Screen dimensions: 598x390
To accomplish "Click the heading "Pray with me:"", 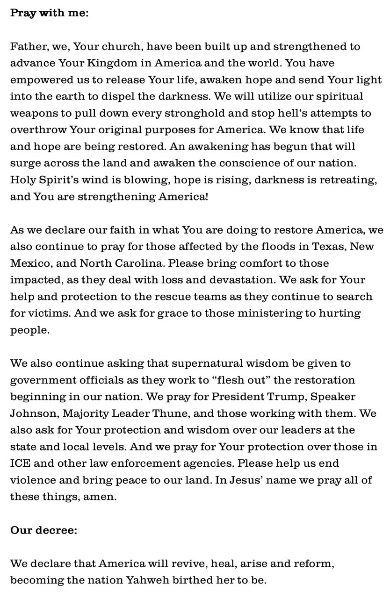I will click(x=49, y=13).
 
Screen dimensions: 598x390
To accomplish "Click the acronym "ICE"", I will click(x=20, y=463).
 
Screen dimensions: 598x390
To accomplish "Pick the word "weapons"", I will click(x=32, y=113).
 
